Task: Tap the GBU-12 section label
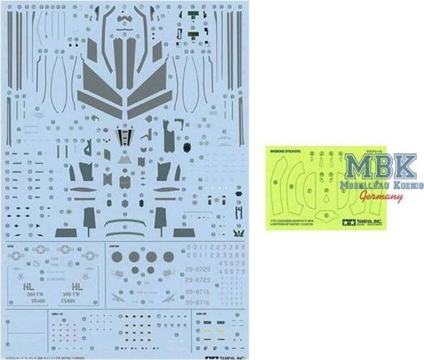pyautogui.click(x=55, y=314)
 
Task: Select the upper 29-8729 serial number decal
pyautogui.click(x=196, y=269)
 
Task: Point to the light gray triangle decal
pyautogui.click(x=124, y=159)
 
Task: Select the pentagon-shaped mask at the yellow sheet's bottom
pyautogui.click(x=325, y=215)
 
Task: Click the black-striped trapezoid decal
pyautogui.click(x=125, y=137)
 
